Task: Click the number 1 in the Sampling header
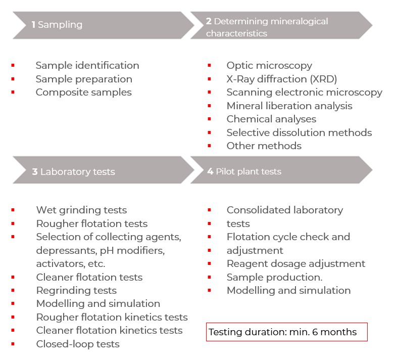tap(33, 24)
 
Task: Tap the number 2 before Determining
tap(209, 21)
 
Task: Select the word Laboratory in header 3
tap(65, 172)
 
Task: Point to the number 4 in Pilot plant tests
tap(210, 171)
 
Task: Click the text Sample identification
tap(87, 66)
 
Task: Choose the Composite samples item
tap(84, 93)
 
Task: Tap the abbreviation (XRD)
tap(323, 79)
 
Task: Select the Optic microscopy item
tap(269, 66)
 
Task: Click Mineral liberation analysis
tap(289, 106)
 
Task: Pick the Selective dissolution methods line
tap(299, 132)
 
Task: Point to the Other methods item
tap(264, 146)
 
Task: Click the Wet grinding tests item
tap(82, 210)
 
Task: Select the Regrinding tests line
tap(77, 291)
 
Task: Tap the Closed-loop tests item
tap(78, 344)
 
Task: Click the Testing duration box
tap(287, 332)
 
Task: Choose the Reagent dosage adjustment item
tap(296, 264)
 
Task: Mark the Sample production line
tap(275, 277)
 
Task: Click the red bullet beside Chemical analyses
tap(209, 119)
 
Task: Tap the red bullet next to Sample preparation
tap(13, 79)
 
